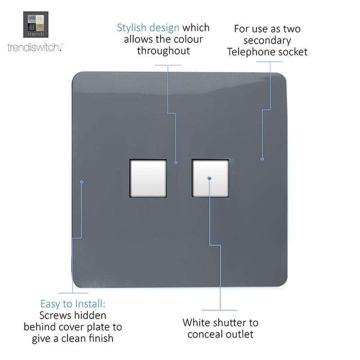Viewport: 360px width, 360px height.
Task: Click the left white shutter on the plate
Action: click(148, 178)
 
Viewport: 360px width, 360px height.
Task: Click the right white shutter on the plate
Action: click(210, 178)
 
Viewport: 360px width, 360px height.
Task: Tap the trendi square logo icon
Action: click(36, 25)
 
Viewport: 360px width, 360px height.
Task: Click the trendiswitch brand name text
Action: click(36, 47)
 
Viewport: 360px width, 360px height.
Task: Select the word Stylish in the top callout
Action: click(131, 28)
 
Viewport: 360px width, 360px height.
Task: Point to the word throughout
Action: click(163, 51)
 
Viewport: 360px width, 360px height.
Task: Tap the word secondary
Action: click(267, 41)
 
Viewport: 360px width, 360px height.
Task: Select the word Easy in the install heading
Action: click(50, 304)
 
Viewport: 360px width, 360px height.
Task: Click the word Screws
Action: click(54, 315)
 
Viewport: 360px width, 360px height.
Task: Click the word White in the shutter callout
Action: click(196, 323)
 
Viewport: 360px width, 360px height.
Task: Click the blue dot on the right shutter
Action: click(209, 178)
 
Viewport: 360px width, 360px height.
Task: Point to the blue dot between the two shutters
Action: click(176, 163)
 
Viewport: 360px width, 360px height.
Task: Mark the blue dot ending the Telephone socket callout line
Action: click(262, 159)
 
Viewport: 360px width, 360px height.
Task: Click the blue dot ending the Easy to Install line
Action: click(82, 182)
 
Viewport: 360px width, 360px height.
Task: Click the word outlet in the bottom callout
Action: click(240, 334)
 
